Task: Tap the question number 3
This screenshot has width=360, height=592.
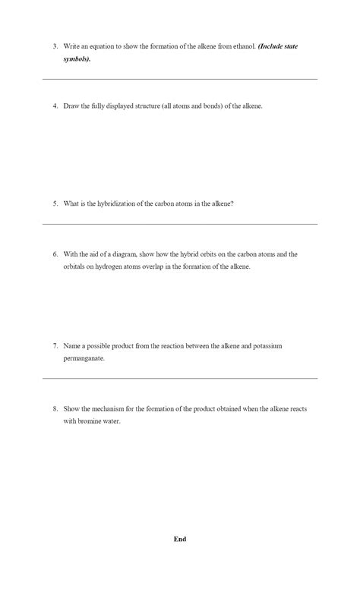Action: click(55, 46)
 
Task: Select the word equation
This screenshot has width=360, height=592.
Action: click(98, 46)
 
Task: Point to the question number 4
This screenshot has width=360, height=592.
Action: click(55, 106)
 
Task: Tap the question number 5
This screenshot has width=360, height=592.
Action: click(55, 203)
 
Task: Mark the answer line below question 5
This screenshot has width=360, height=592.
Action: click(180, 224)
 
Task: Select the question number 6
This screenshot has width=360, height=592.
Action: click(55, 254)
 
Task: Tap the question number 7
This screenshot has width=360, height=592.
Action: click(55, 345)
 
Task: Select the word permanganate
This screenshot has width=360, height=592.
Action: click(84, 357)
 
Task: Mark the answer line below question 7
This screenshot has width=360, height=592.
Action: click(180, 378)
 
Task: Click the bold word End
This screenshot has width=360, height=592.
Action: click(180, 539)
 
